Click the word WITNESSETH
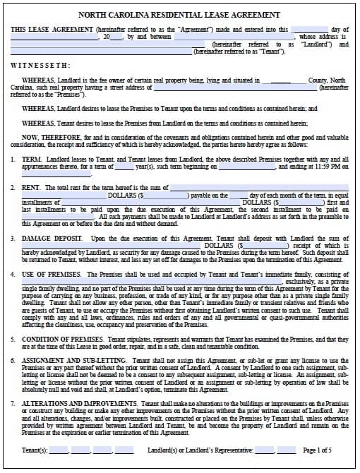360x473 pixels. click(x=37, y=63)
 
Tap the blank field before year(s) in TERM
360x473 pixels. click(x=124, y=167)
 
